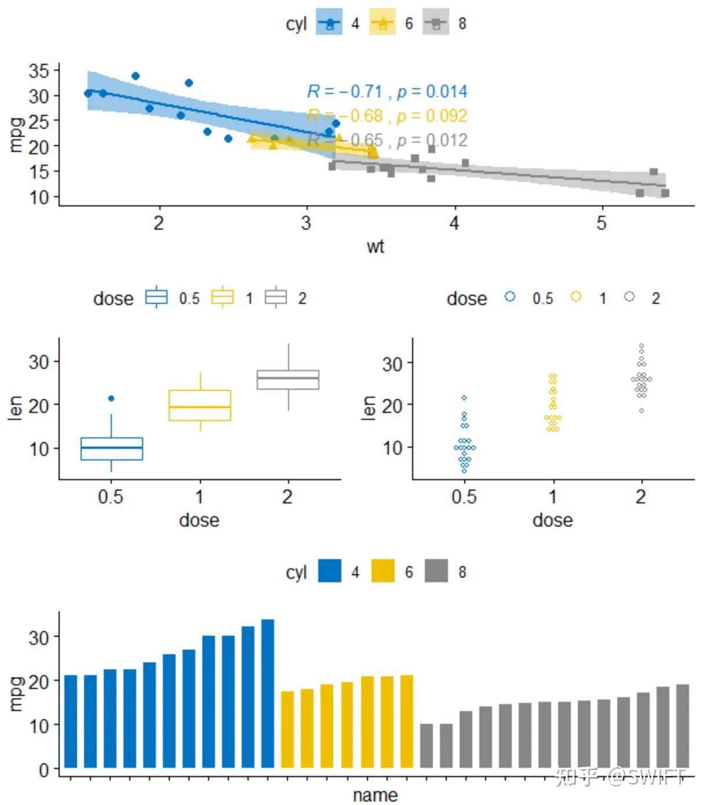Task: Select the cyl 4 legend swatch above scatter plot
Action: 329,23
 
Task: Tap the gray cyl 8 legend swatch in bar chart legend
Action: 436,571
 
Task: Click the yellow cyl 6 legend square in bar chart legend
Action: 383,571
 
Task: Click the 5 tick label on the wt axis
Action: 602,223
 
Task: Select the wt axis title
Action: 375,246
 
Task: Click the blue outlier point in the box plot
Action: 111,398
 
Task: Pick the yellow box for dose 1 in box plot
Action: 200,405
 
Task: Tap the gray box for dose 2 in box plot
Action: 288,379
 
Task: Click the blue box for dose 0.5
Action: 112,448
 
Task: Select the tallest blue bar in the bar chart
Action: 268,693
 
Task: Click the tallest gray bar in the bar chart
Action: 683,726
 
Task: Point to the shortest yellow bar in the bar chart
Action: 287,729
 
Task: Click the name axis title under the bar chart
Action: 375,795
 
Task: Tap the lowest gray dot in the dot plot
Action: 642,411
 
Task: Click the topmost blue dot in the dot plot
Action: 464,398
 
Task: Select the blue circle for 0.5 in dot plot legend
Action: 510,297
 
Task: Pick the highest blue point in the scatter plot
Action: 136,76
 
